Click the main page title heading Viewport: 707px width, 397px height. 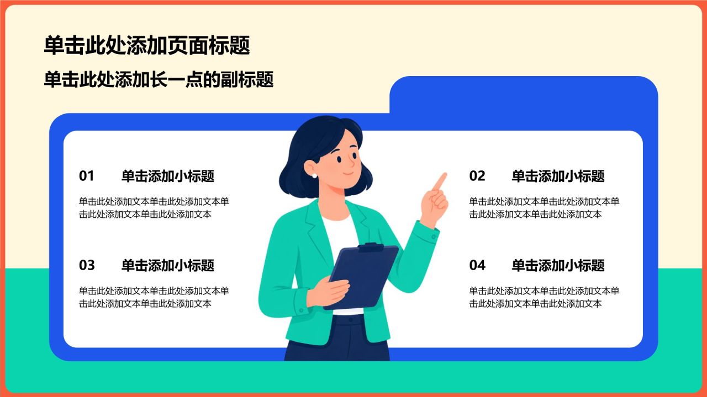point(147,45)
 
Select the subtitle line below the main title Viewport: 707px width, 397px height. point(159,79)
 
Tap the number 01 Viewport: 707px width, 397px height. point(87,176)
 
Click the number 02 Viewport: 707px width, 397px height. point(477,176)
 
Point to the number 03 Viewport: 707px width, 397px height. point(87,265)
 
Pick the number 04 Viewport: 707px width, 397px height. point(477,265)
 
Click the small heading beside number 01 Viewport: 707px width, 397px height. point(168,176)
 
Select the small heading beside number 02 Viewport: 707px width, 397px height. point(558,176)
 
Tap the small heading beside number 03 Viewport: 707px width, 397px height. point(168,266)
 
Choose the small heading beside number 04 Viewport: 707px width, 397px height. point(558,266)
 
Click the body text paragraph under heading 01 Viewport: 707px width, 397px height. point(154,208)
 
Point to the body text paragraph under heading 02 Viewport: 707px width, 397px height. point(544,208)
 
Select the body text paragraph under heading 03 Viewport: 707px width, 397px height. point(154,297)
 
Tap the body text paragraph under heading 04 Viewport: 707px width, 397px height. point(544,297)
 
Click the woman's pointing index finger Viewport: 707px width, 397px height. point(440,181)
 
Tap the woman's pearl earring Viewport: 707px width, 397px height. point(314,176)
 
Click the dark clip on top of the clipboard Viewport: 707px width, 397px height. point(371,248)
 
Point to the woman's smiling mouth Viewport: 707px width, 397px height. point(348,173)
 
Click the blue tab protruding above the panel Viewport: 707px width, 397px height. point(524,94)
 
